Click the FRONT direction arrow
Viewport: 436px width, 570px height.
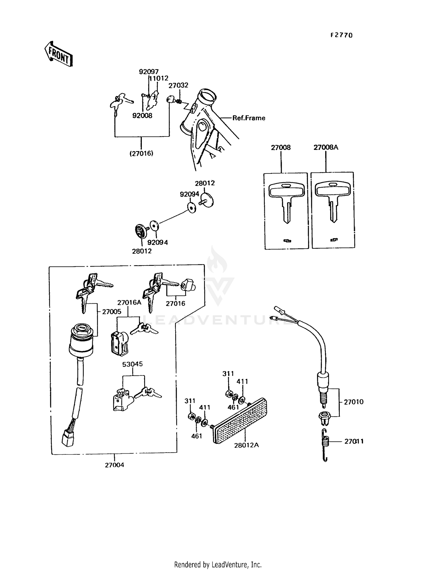pos(58,54)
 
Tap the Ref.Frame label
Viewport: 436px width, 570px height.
pos(249,118)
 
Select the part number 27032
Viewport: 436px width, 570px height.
pos(178,85)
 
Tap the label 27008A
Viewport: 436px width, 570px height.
pos(326,147)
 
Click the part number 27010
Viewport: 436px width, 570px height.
pos(353,402)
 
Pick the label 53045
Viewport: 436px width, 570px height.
pos(132,364)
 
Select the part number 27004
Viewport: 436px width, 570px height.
pos(115,465)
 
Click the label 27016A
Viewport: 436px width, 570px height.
pos(129,302)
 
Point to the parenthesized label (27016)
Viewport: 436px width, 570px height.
pos(141,153)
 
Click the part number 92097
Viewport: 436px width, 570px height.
pos(149,72)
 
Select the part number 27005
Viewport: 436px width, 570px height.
pos(112,311)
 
